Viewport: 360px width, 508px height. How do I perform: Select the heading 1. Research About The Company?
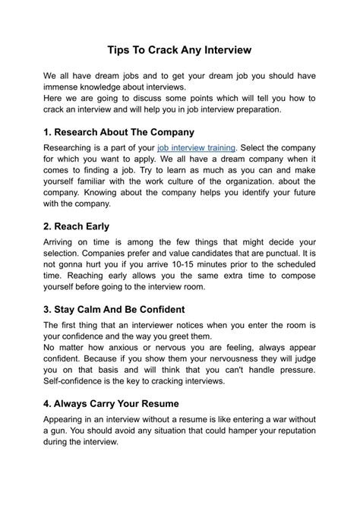coord(119,132)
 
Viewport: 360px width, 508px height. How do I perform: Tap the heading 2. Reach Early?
coord(77,226)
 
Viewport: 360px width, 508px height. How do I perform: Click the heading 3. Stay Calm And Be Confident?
coord(124,310)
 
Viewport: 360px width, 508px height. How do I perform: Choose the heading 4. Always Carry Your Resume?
coord(122,404)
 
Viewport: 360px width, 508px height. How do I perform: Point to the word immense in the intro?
coord(65,88)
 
